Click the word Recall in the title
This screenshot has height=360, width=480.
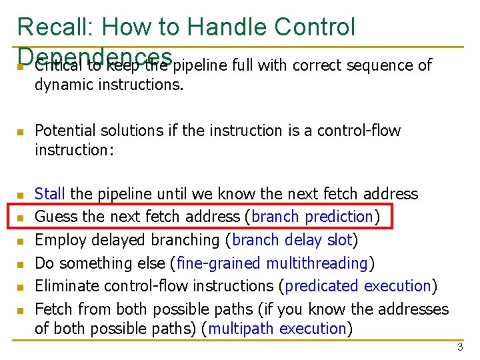[54, 27]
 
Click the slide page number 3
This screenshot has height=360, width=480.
[459, 347]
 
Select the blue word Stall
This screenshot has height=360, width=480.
[49, 194]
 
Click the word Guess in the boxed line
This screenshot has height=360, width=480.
[55, 217]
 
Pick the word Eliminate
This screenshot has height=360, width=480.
[65, 286]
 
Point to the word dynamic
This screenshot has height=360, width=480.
[64, 85]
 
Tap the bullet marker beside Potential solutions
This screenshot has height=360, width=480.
[20, 132]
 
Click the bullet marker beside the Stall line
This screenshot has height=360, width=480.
[20, 195]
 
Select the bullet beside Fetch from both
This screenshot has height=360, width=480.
[20, 311]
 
